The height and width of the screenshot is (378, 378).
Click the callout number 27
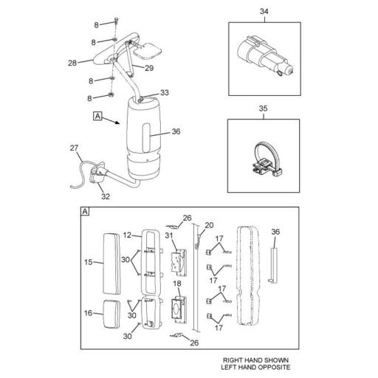pyautogui.click(x=74, y=148)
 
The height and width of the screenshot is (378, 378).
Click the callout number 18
pyautogui.click(x=177, y=284)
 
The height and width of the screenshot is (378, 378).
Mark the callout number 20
pyautogui.click(x=208, y=225)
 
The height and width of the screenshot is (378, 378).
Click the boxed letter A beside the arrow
pyautogui.click(x=97, y=116)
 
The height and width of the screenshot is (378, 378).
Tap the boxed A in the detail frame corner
pyautogui.click(x=85, y=213)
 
